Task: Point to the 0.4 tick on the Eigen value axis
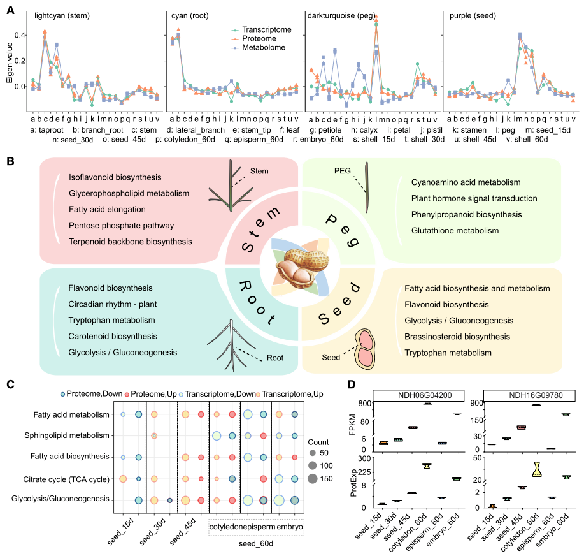18,34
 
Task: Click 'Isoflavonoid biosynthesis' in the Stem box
115,177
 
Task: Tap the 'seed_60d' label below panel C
256,543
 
